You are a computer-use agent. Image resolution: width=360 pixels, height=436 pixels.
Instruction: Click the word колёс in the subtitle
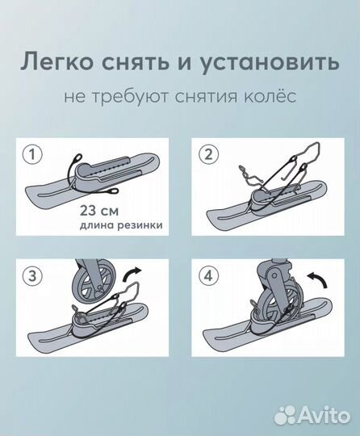point(272,96)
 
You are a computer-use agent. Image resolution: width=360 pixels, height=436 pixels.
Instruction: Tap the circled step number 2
point(207,153)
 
